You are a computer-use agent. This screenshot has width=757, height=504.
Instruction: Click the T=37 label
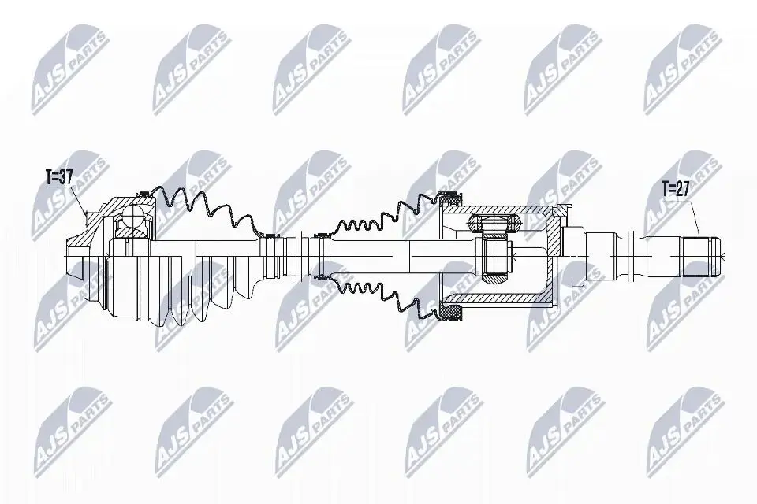point(59,177)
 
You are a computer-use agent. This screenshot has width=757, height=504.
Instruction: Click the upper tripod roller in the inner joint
point(494,224)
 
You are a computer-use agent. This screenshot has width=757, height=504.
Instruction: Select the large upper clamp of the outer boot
point(143,195)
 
